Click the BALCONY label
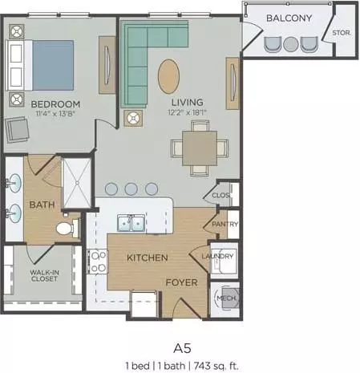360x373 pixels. point(289,18)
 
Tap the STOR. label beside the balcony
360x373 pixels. point(342,33)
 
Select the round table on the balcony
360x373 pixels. point(291,44)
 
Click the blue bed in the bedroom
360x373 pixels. point(53,66)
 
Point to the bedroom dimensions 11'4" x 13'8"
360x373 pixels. point(55,113)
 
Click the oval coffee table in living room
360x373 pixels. point(168,76)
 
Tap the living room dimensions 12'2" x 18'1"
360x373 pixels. point(188,112)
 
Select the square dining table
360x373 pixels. point(200,148)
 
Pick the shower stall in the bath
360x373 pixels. point(77,183)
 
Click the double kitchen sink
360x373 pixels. point(131,223)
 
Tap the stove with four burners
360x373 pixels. point(98,262)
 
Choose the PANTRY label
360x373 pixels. point(225,224)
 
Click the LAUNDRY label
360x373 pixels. point(217,256)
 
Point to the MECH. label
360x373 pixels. point(226,298)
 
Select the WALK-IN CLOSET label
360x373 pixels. point(44,276)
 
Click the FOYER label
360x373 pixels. point(181,282)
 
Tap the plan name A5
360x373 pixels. point(182,349)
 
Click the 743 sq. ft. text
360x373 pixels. point(216,366)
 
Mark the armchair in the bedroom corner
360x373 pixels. point(17,130)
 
